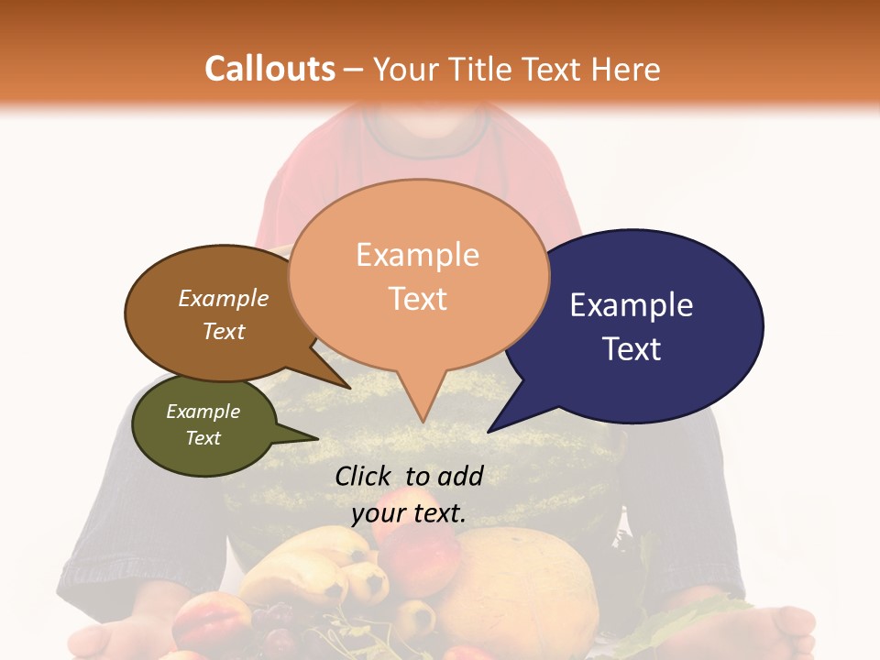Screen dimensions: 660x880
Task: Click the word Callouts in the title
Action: pos(269,69)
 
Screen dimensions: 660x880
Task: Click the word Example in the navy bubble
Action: pos(631,304)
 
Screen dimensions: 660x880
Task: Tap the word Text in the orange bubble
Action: pos(418,299)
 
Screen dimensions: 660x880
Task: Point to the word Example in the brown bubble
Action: pos(223,298)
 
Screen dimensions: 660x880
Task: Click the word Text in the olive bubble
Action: pos(203,438)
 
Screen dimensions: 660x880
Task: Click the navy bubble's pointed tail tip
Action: pos(489,431)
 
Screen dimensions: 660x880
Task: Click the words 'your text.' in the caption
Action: pos(408,513)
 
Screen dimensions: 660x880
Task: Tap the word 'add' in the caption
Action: pos(460,476)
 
